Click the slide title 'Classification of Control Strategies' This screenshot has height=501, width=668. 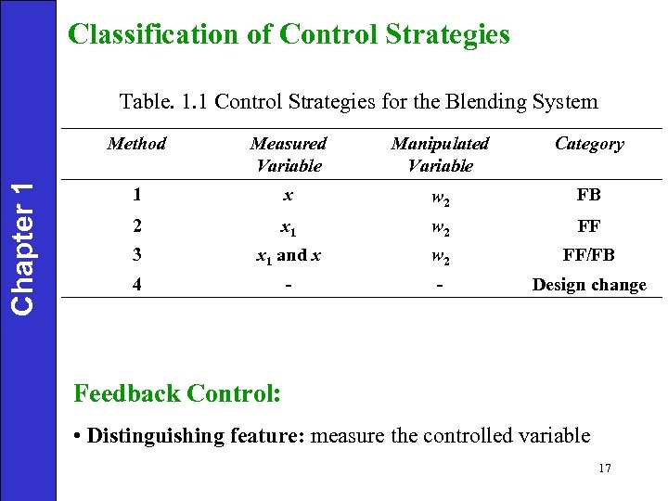coord(289,35)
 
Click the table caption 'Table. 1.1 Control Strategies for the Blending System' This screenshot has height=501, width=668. coord(359,102)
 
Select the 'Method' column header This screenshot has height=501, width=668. coord(136,144)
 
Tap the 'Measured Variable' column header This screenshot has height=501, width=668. coord(289,155)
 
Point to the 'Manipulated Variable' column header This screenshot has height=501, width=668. coord(440,155)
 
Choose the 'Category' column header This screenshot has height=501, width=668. coord(589,144)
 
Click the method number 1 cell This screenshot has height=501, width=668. coord(136,196)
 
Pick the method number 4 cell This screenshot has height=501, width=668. coord(136,284)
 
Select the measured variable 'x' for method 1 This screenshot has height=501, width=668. coord(289,196)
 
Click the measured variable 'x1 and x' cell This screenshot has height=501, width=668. coord(289,254)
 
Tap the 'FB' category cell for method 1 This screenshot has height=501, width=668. coord(589,196)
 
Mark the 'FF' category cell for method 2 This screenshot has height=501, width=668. coord(589,225)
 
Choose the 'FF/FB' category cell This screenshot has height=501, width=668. coord(589,254)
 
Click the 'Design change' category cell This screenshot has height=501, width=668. coord(589,285)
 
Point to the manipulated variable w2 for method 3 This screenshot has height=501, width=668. coord(440,255)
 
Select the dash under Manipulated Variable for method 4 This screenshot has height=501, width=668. coord(440,284)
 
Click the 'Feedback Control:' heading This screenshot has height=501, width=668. coord(176,393)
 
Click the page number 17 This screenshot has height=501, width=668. coord(605,469)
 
